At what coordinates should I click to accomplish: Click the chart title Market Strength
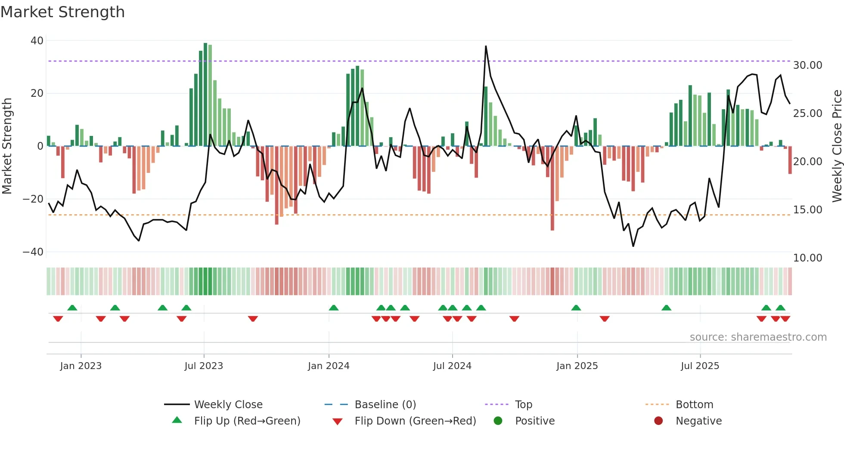coord(62,12)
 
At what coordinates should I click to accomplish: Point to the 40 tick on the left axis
coord(37,41)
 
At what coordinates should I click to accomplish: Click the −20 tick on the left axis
coord(33,199)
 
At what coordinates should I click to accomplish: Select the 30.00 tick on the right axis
coord(807,65)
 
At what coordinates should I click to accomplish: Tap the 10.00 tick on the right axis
coord(807,258)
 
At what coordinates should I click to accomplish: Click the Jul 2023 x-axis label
coord(204,366)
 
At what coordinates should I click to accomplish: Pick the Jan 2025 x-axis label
coord(577,366)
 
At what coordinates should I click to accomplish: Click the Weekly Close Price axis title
coord(837,146)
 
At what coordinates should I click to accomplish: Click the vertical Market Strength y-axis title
coord(7,146)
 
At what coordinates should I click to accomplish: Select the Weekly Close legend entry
coord(228,405)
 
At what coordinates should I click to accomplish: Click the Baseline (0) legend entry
coord(385,405)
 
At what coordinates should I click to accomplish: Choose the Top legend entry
coord(523,405)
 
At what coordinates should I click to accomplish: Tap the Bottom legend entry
coord(694,405)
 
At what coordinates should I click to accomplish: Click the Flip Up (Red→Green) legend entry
coord(247,421)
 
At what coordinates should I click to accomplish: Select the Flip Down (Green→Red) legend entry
coord(415,421)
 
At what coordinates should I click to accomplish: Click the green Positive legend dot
coord(498,421)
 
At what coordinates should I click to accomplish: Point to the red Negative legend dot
coord(658,421)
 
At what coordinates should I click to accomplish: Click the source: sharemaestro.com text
coord(758,337)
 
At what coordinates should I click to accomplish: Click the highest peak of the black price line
coord(486,46)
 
